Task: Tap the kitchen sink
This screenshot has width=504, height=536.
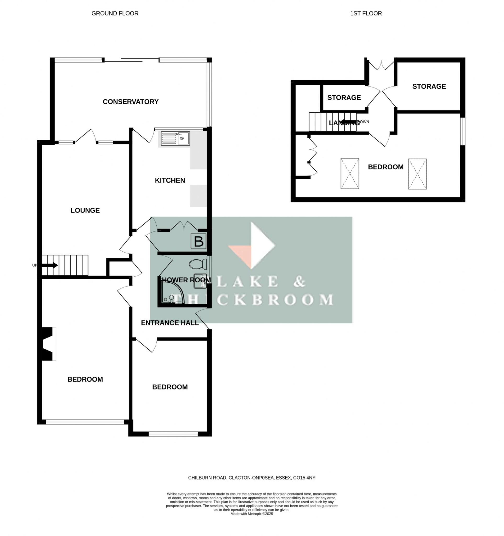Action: point(175,138)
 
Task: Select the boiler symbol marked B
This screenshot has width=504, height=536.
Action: point(198,241)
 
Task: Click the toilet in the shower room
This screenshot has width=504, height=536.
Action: point(198,264)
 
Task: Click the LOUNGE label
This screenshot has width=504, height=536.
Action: point(85,210)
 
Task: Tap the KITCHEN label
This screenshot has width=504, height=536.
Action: point(170,180)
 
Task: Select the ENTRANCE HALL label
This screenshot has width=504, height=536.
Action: point(170,323)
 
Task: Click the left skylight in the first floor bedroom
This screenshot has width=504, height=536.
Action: point(349,174)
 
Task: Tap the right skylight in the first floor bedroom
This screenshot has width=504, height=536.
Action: point(417,174)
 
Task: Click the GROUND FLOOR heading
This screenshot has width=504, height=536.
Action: point(115,14)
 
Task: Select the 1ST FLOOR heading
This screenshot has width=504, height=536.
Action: point(366,14)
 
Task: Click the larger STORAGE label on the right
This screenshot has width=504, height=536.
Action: point(429,86)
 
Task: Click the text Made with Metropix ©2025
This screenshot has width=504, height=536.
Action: point(251,514)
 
